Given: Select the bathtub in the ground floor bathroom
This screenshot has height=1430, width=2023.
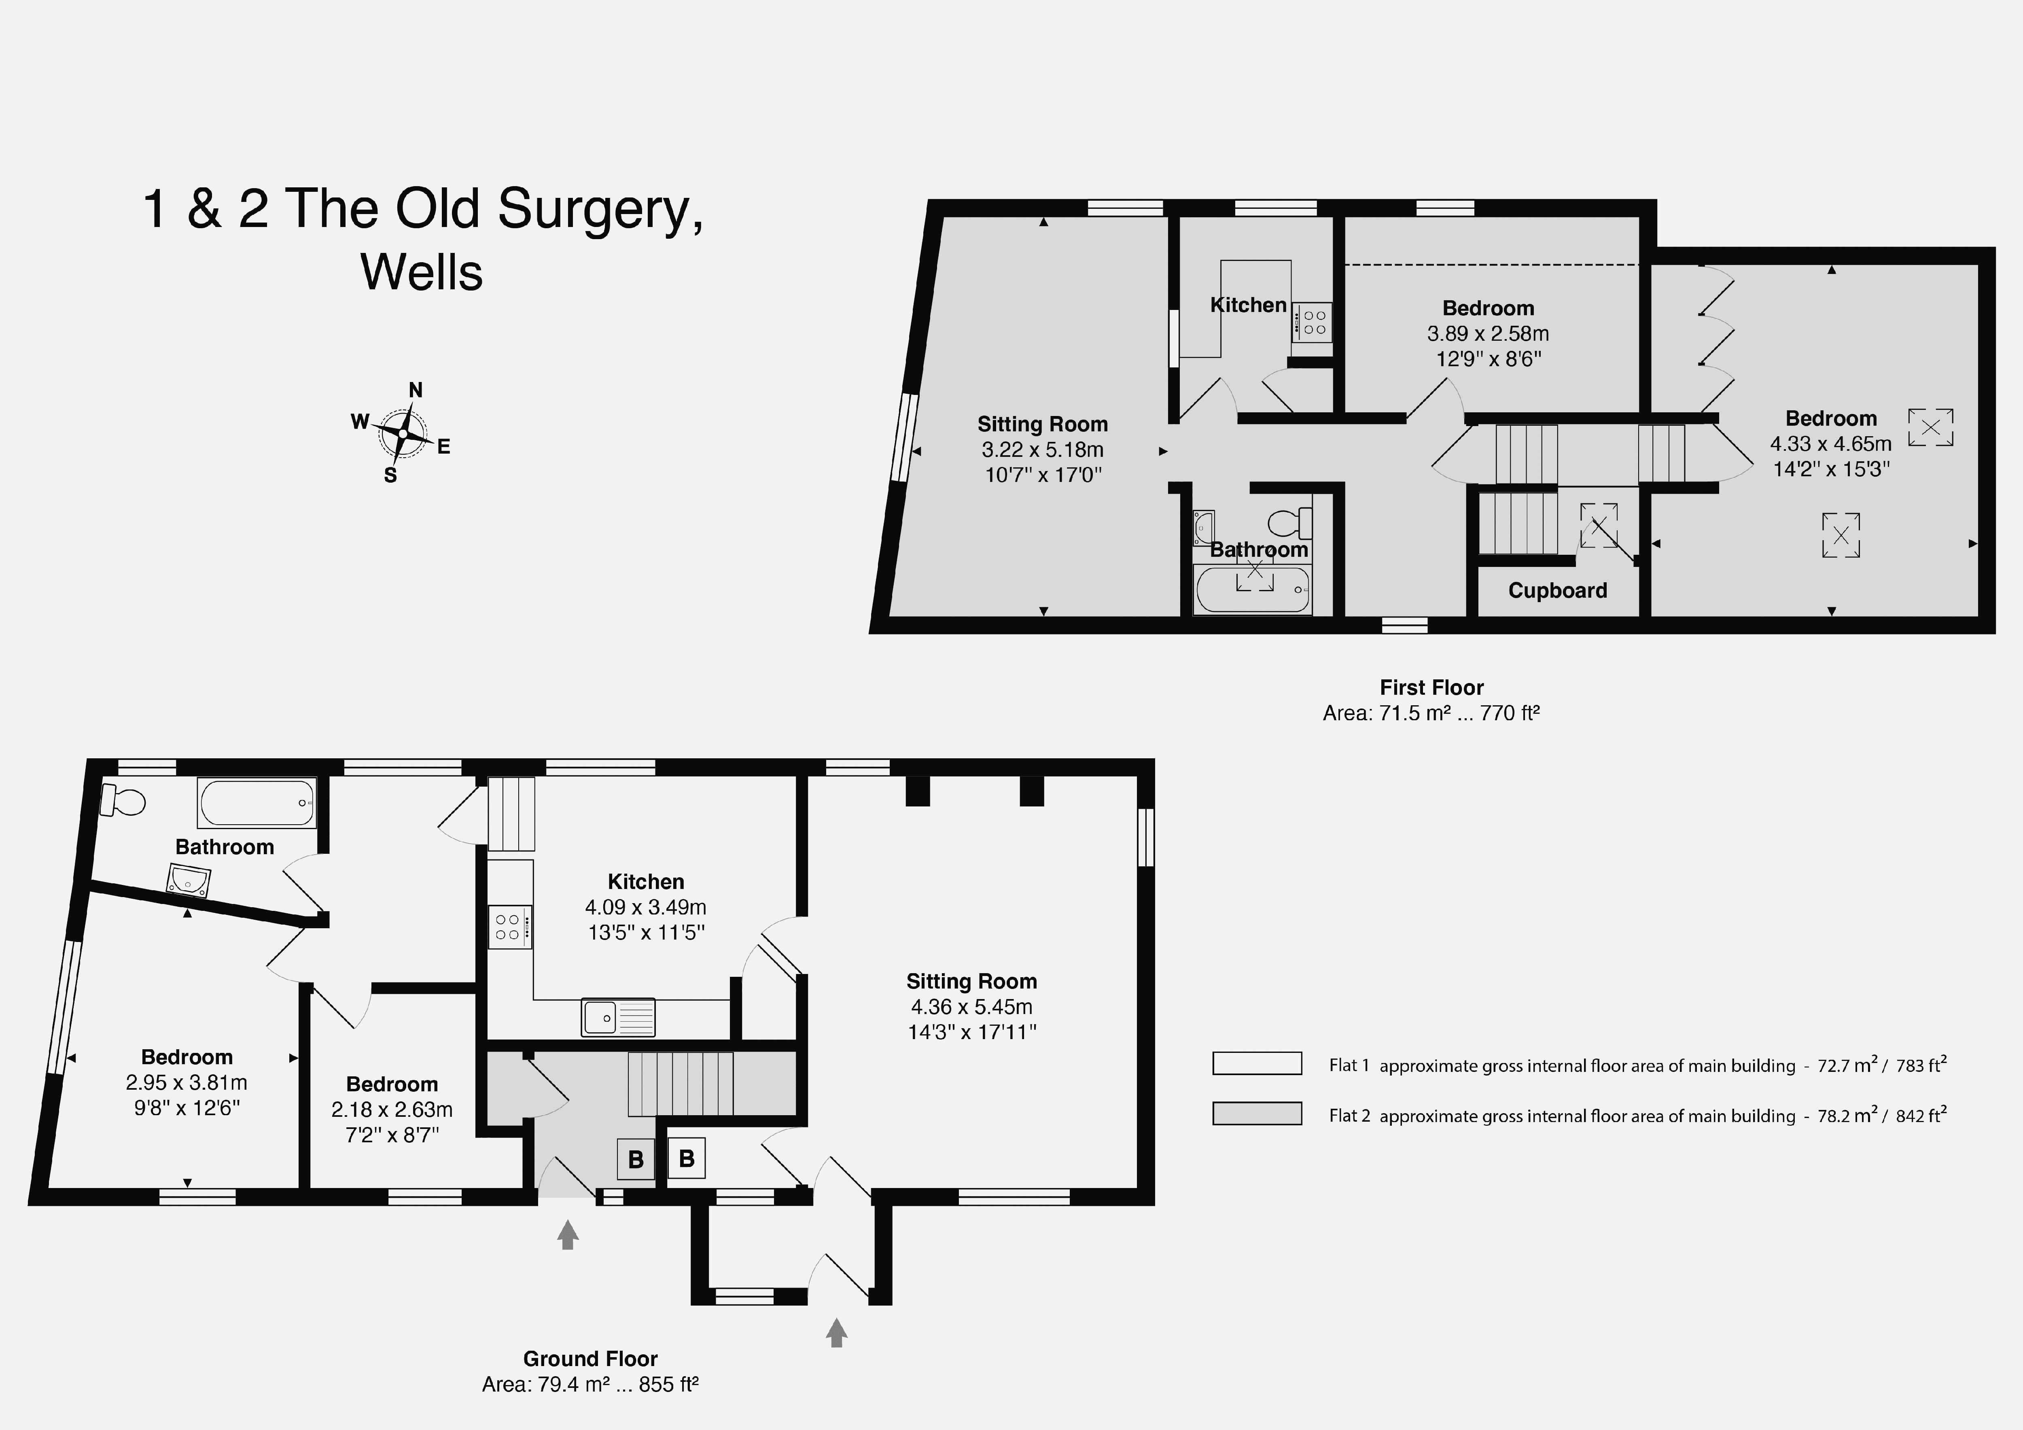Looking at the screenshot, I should click(257, 802).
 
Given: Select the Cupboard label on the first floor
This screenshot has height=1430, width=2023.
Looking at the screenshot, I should click(1557, 590).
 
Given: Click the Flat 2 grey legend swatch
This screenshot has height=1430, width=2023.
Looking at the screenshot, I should click(1256, 1114).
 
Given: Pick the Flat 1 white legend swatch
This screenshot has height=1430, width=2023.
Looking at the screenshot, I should click(1256, 1063).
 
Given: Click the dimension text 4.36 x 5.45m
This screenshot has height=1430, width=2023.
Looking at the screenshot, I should click(971, 1006).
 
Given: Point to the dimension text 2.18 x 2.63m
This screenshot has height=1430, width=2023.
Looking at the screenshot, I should click(392, 1109).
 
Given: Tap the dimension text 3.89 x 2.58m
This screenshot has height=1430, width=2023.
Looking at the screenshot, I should click(1487, 333).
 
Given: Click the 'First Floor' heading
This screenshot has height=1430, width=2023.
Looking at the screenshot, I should click(1431, 687).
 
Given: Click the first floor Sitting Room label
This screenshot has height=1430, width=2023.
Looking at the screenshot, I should click(1042, 424).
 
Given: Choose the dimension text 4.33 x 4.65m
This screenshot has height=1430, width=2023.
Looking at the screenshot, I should click(1831, 443).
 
